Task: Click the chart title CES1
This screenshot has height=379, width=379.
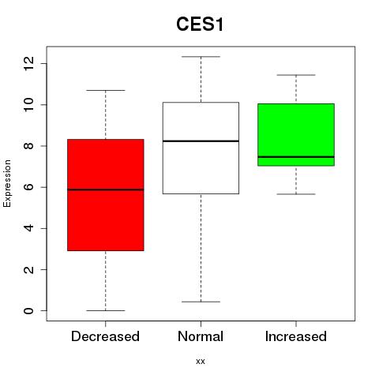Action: coord(200,24)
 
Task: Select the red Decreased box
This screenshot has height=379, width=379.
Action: coord(106,195)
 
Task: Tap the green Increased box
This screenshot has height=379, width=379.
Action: coord(296,135)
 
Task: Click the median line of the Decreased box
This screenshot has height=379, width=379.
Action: coord(106,189)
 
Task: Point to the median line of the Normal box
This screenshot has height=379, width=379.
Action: coord(201,141)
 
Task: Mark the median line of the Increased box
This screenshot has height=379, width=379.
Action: coord(296,157)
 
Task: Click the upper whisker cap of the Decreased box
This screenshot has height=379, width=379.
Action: coord(106,90)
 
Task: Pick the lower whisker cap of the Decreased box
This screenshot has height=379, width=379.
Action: coord(106,310)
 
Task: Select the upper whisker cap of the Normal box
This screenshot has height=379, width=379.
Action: coord(201,57)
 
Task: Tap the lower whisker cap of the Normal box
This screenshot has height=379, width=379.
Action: coord(201,302)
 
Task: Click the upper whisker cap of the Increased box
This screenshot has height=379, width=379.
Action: coord(296,75)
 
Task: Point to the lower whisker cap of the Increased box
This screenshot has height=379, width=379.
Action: coord(296,194)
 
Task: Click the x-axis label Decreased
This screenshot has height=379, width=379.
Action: coord(105,336)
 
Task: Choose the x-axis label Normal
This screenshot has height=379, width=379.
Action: coord(201,336)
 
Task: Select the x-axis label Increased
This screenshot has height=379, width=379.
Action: coord(296,336)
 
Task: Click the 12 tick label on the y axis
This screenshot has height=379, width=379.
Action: coord(28,63)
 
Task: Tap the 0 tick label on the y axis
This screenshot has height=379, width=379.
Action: coord(28,310)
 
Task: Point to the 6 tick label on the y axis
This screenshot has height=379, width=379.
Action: coord(28,187)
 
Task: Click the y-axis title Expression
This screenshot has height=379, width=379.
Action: coord(7,183)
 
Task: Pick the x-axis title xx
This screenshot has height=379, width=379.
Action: coord(201,362)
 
